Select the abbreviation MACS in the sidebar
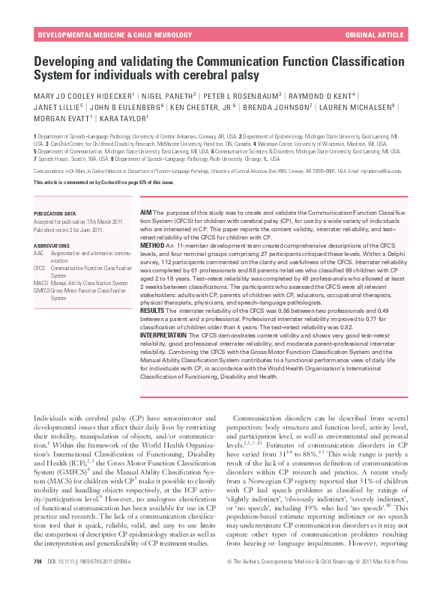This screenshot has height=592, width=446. (x=41, y=284)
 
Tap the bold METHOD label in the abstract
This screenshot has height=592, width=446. (x=152, y=245)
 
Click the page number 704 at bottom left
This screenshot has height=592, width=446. (x=37, y=581)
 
